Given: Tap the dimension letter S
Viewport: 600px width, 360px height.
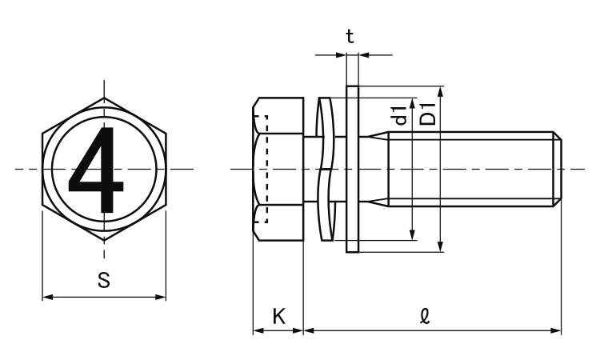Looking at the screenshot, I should coord(103,280).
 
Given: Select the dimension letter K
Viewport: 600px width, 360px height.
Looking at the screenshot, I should coord(278,315).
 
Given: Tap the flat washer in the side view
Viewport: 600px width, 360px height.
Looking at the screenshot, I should coord(352,169).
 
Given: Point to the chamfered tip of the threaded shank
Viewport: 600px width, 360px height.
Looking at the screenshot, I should coord(558,169).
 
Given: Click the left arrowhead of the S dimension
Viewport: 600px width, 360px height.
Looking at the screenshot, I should coord(46,298).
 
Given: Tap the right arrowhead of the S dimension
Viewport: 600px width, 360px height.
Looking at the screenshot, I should coord(162,298).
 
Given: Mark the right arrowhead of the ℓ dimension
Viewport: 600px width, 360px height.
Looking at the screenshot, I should coord(558,330).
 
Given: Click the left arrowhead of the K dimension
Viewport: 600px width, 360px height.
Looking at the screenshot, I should coord(256,330).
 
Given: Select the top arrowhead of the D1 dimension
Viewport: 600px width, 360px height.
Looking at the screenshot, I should coord(440,90).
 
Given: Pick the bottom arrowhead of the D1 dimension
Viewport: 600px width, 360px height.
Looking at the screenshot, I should coord(440,247).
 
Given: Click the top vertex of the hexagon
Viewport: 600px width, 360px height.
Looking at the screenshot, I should coord(104,98).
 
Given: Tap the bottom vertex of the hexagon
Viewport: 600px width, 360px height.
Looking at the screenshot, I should coord(104,240).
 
